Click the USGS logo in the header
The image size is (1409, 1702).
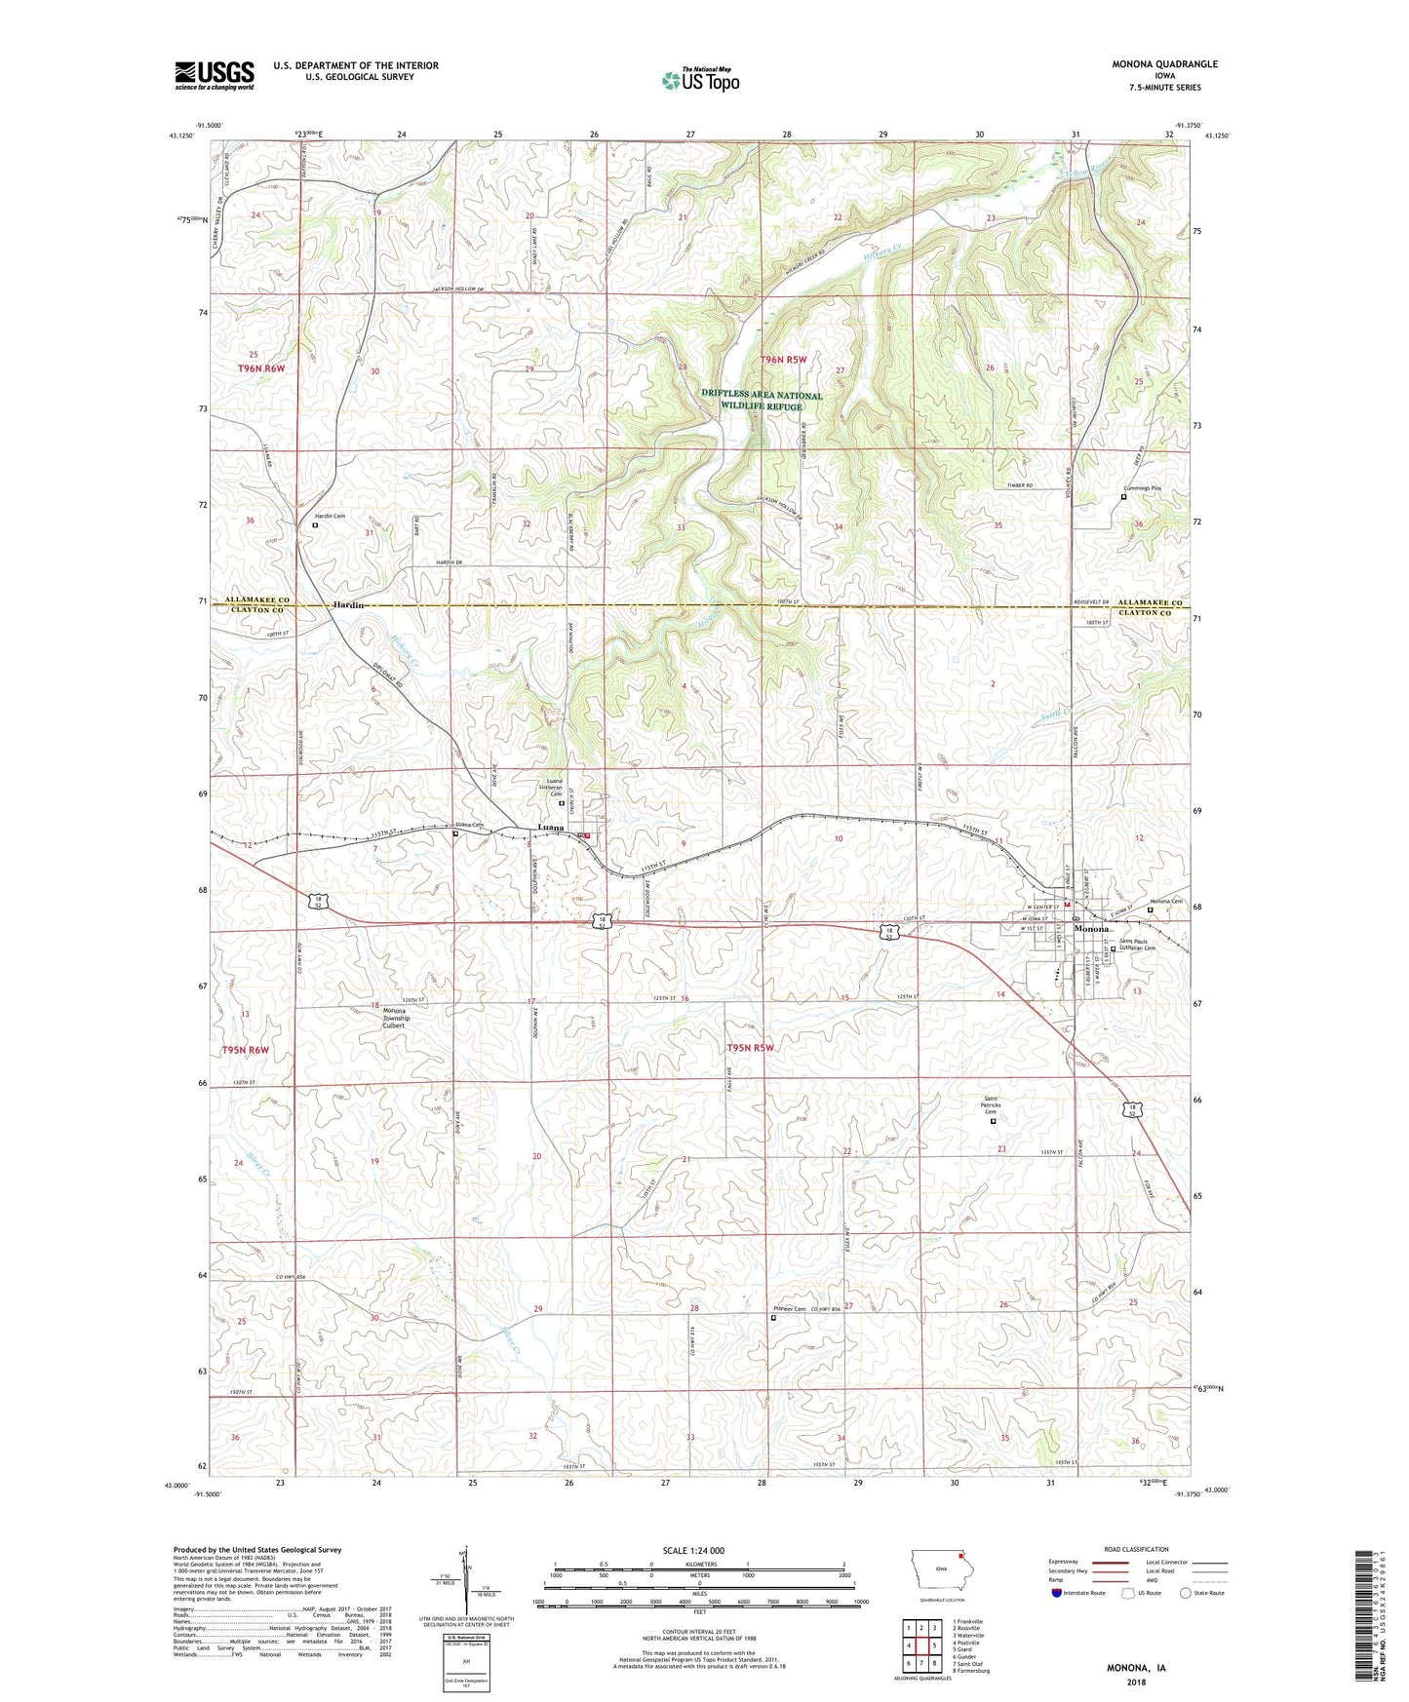point(214,75)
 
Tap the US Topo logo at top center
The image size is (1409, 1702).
point(700,80)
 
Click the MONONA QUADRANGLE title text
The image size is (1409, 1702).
point(1164,64)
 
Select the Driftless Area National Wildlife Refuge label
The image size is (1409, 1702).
point(762,401)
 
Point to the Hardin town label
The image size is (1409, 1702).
point(348,605)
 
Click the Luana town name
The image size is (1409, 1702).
point(551,828)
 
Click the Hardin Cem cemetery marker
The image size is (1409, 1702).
point(314,524)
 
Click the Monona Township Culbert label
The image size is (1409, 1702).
point(394,1018)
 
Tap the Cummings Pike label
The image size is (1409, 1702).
point(1143,488)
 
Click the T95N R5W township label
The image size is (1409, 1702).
point(749,1048)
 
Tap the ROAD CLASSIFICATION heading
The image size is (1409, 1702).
point(1137,1549)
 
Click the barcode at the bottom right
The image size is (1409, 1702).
point(1367,1618)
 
